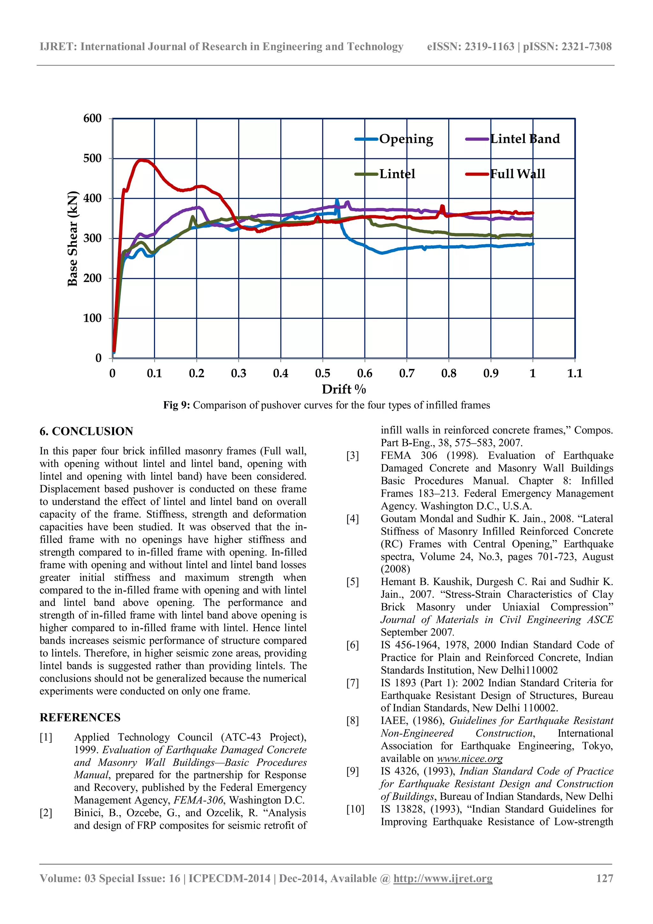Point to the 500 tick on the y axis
pyautogui.click(x=92, y=158)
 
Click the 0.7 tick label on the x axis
pyautogui.click(x=407, y=374)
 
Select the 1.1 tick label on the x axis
pyautogui.click(x=575, y=374)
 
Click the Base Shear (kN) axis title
pyautogui.click(x=72, y=238)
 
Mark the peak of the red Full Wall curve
pyautogui.click(x=141, y=160)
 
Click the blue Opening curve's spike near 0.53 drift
pyautogui.click(x=337, y=200)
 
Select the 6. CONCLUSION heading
pyautogui.click(x=86, y=432)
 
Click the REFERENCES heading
pyautogui.click(x=80, y=717)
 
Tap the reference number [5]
pyautogui.click(x=353, y=582)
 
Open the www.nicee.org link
pyautogui.click(x=470, y=759)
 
